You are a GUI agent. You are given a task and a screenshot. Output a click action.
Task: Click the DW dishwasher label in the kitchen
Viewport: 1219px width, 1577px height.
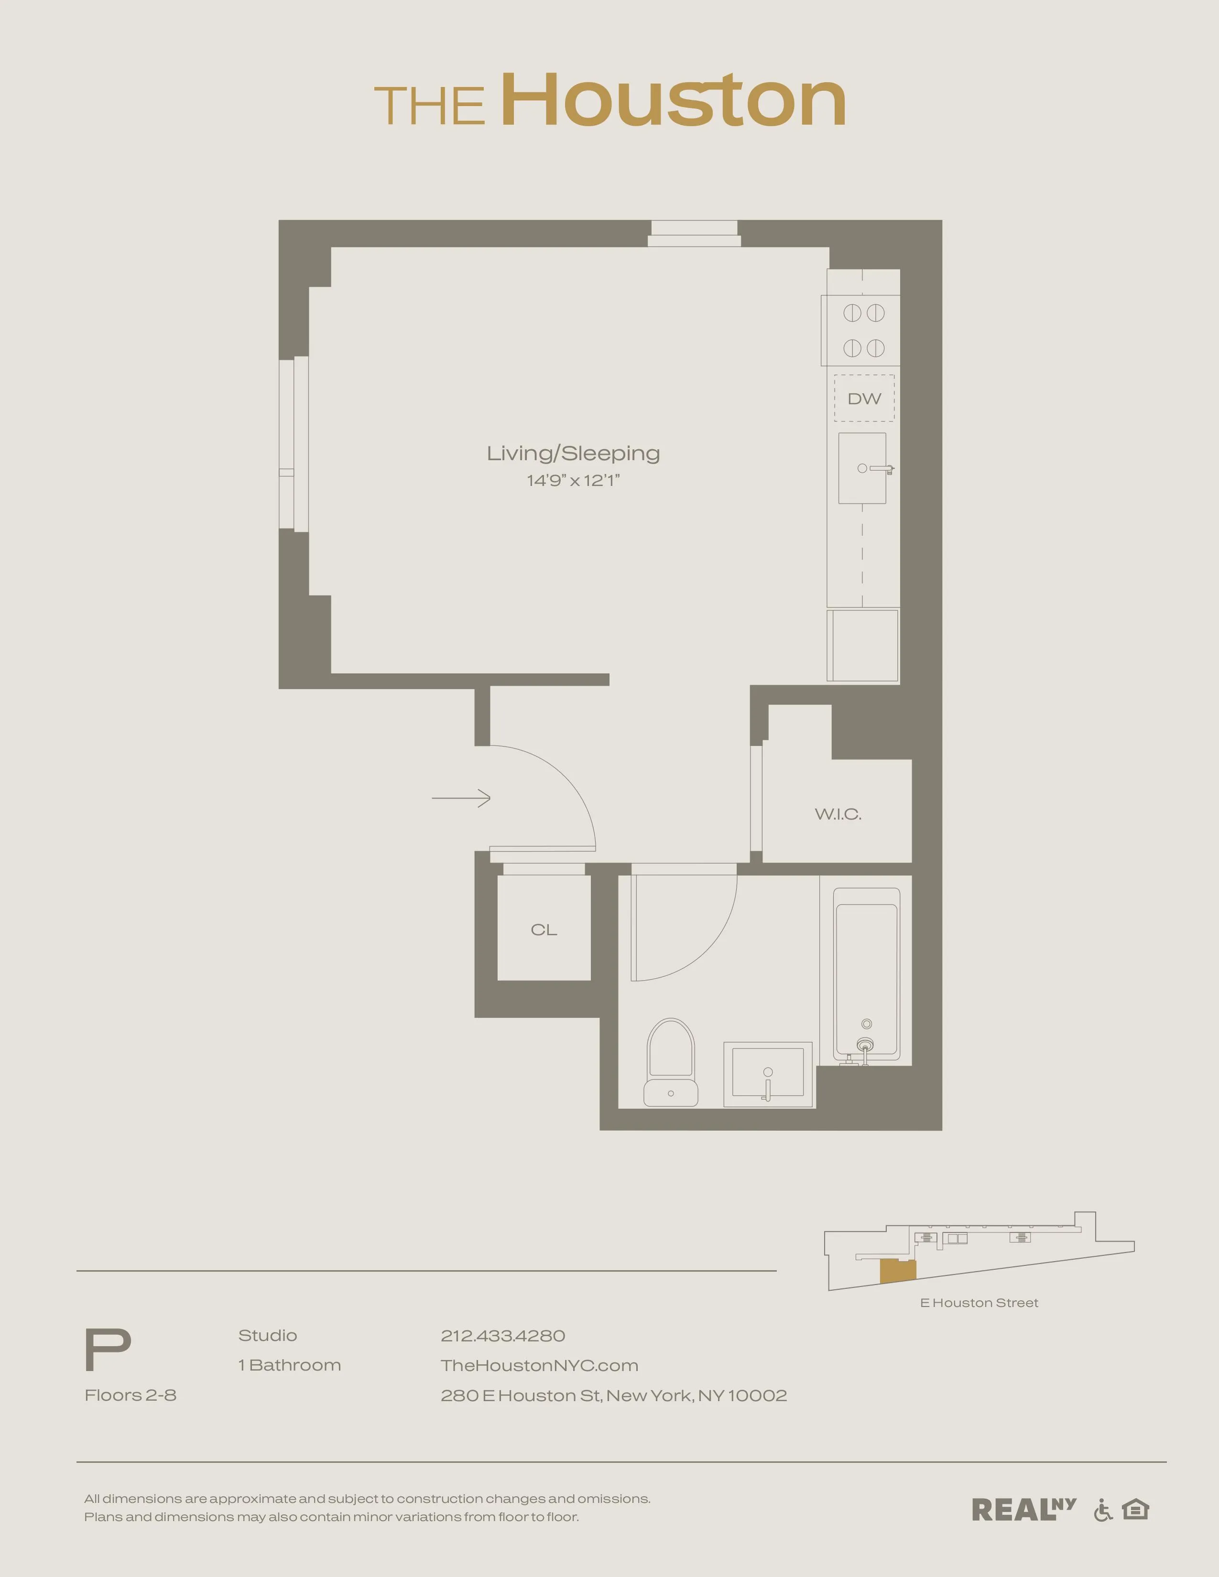864,399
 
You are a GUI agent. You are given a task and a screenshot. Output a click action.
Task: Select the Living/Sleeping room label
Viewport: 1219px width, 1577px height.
573,454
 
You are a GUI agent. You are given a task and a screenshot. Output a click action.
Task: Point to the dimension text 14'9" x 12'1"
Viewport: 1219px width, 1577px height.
573,481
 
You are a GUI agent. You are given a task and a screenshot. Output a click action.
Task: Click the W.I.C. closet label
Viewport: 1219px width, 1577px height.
838,814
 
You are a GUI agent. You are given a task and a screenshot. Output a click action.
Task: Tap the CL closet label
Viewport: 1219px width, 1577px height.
544,930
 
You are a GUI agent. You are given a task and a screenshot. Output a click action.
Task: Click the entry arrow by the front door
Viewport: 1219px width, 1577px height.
461,798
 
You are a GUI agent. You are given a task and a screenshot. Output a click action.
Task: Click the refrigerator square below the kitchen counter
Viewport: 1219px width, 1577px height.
863,645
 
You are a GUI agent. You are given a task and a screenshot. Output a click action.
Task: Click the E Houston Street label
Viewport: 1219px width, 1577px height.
979,1303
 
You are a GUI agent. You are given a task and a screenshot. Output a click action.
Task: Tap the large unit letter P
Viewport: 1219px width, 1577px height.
108,1350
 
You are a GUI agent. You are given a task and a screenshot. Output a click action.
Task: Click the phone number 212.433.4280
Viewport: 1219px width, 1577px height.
502,1336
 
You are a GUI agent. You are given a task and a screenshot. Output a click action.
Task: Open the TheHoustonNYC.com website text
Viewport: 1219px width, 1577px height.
539,1365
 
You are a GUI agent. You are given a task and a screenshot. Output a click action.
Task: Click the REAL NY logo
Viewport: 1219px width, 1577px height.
1023,1509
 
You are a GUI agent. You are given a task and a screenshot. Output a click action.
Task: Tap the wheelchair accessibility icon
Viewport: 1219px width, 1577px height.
1103,1510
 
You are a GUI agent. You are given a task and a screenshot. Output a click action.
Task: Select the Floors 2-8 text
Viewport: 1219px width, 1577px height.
131,1395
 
